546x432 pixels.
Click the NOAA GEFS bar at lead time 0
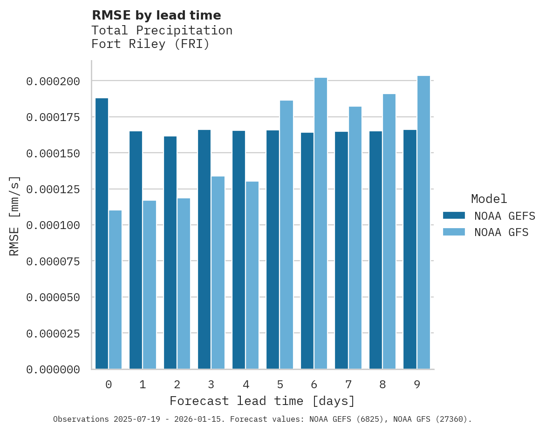[x=102, y=233]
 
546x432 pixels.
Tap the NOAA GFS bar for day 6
[x=321, y=223]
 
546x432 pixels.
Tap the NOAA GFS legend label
[x=501, y=232]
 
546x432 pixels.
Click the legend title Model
[x=489, y=199]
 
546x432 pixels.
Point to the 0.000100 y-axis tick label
[x=53, y=225]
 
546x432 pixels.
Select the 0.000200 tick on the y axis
[x=53, y=81]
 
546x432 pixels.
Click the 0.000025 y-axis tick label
[x=53, y=334]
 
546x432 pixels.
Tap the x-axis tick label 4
[x=246, y=385]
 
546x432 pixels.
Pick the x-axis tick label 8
[x=382, y=385]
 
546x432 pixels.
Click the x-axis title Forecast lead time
[x=262, y=401]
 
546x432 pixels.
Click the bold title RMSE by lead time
[x=156, y=15]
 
